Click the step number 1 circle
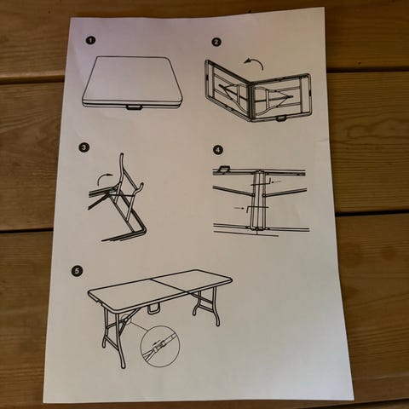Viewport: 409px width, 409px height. [90, 40]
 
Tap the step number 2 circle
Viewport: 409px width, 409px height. [216, 42]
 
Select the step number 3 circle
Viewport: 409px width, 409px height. [84, 147]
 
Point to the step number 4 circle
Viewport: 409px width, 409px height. [218, 150]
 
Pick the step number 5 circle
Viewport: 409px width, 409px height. [77, 271]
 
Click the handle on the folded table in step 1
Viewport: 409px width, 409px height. [135, 107]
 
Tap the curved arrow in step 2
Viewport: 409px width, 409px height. [254, 63]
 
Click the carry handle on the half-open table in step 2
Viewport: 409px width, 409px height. [281, 118]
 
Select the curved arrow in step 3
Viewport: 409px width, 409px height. [104, 178]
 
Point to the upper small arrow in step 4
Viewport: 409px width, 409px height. [276, 181]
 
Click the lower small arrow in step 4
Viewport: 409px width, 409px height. [239, 208]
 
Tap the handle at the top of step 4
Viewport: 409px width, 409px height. [223, 169]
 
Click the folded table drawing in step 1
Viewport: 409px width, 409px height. [132, 83]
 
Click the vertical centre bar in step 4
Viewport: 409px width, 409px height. [258, 200]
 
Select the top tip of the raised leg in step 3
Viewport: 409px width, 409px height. [122, 154]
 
